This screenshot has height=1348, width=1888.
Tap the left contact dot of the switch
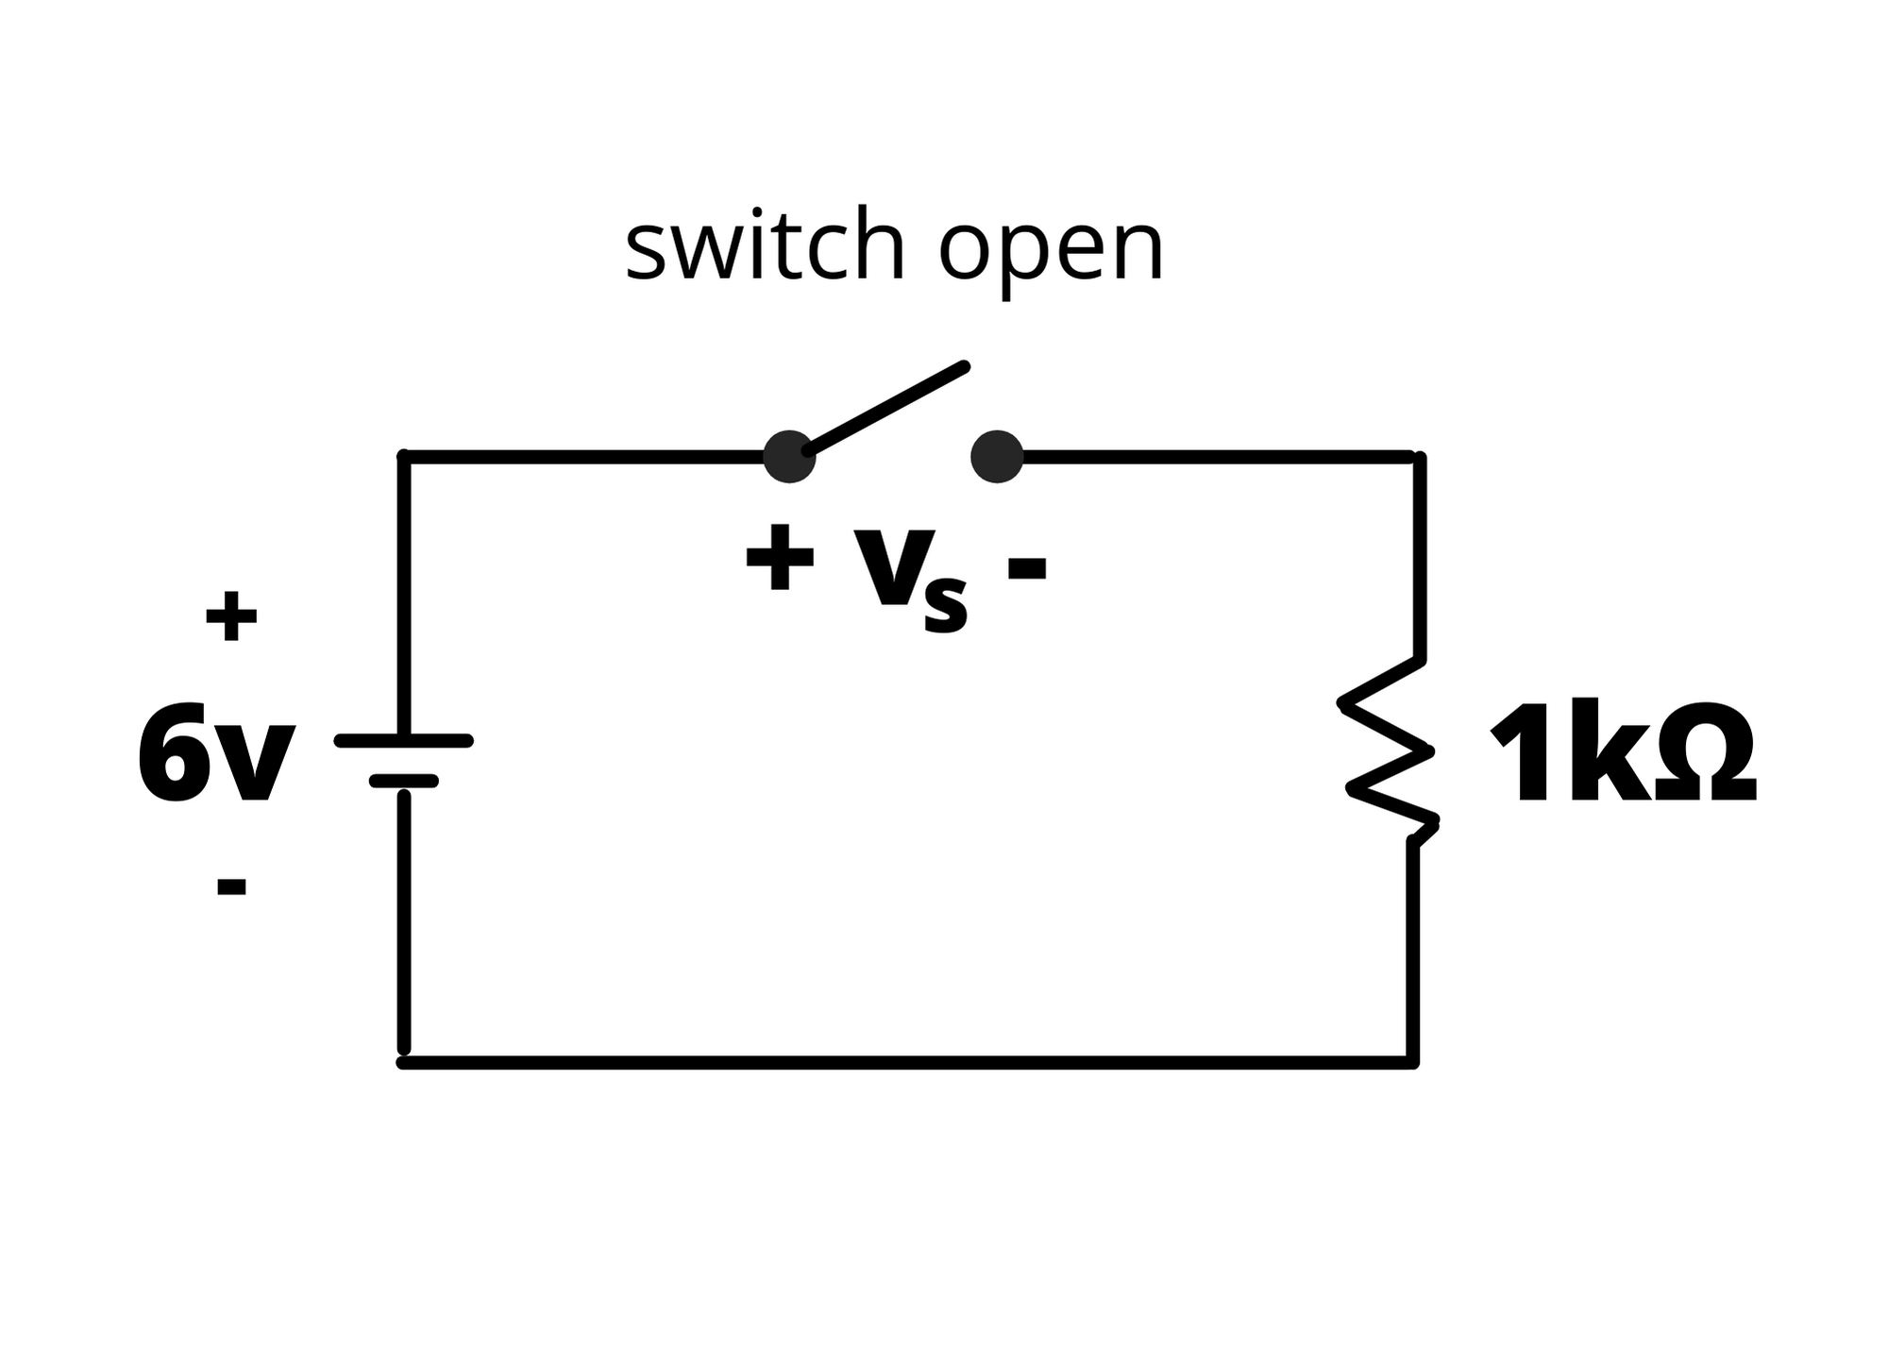tap(788, 457)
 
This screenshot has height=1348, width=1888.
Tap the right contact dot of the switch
tap(997, 457)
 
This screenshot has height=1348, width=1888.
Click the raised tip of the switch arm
tap(963, 366)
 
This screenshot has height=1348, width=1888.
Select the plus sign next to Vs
tap(780, 558)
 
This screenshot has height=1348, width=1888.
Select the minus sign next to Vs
tap(1027, 567)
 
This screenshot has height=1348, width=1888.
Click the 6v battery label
tap(215, 753)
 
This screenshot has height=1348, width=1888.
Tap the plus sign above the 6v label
tap(231, 616)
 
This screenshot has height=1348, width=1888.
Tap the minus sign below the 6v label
tap(231, 886)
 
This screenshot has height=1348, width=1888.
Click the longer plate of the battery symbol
tap(404, 741)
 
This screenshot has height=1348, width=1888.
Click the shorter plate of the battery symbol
tap(404, 781)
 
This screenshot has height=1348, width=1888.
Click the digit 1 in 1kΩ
tap(1521, 753)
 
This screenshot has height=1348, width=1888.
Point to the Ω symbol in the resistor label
tap(1705, 753)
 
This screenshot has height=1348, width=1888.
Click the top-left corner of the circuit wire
tap(404, 458)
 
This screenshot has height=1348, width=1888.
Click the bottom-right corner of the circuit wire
tap(1412, 1063)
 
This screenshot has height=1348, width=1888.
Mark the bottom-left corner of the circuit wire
tap(404, 1063)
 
